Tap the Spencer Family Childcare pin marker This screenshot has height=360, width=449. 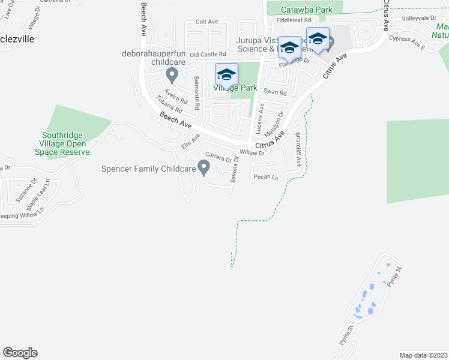pyautogui.click(x=204, y=167)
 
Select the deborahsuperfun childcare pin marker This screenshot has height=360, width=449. pyautogui.click(x=172, y=75)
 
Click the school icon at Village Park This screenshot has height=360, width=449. pyautogui.click(x=226, y=75)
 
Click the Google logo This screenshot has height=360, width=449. pyautogui.click(x=20, y=353)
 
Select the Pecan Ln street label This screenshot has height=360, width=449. pyautogui.click(x=266, y=177)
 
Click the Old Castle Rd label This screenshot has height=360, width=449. pyautogui.click(x=207, y=55)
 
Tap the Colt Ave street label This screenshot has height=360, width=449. pyautogui.click(x=207, y=22)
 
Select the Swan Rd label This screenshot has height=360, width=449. pyautogui.click(x=279, y=93)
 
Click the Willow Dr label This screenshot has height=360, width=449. pyautogui.click(x=252, y=152)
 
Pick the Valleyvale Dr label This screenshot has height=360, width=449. pyautogui.click(x=420, y=18)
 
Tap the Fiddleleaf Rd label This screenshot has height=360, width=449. pyautogui.click(x=294, y=20)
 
